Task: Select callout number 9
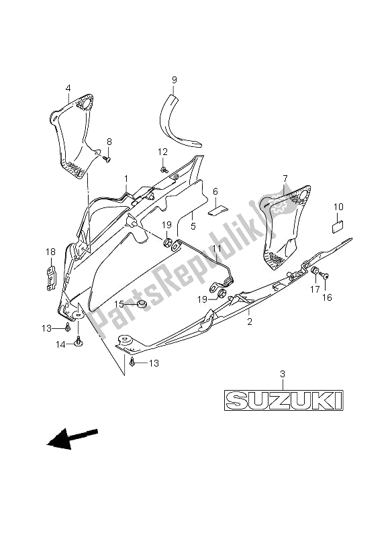174,81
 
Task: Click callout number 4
68,88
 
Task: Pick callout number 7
285,179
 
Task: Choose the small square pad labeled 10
338,227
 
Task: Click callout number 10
338,207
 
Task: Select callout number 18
50,252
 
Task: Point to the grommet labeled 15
141,305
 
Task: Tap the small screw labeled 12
163,170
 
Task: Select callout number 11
216,250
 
